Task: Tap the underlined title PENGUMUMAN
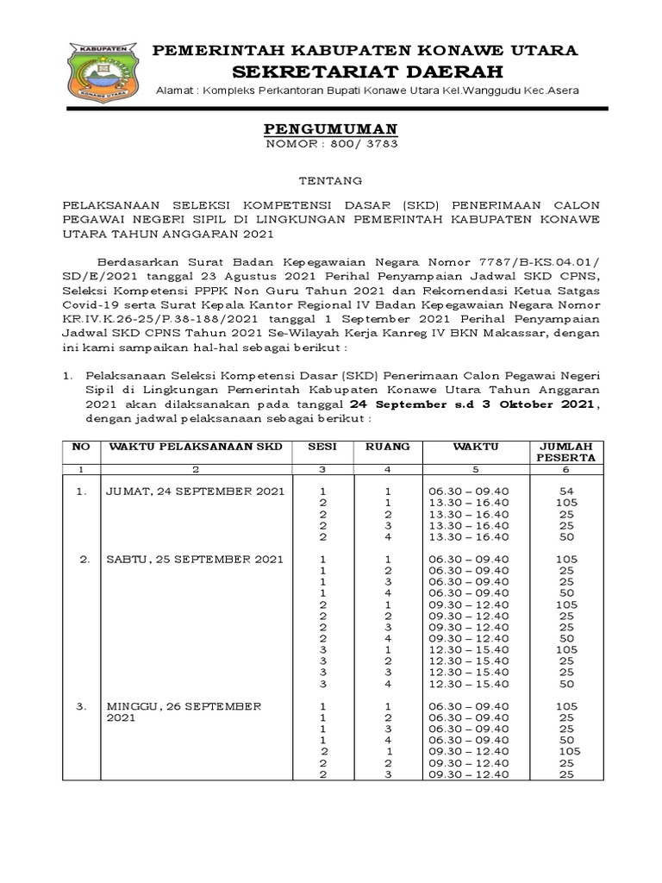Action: pyautogui.click(x=330, y=129)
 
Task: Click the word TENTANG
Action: pyautogui.click(x=330, y=180)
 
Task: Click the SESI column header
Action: pyautogui.click(x=322, y=446)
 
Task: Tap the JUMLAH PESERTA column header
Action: pyautogui.click(x=566, y=452)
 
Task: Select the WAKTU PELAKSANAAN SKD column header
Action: pyautogui.click(x=196, y=446)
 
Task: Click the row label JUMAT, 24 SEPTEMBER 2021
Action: pyautogui.click(x=195, y=491)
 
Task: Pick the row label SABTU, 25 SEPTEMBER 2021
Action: pyautogui.click(x=195, y=559)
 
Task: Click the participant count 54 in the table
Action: pyautogui.click(x=566, y=491)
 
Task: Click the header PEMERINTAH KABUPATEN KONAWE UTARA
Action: pyautogui.click(x=365, y=50)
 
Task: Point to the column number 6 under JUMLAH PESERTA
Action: pyautogui.click(x=566, y=470)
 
